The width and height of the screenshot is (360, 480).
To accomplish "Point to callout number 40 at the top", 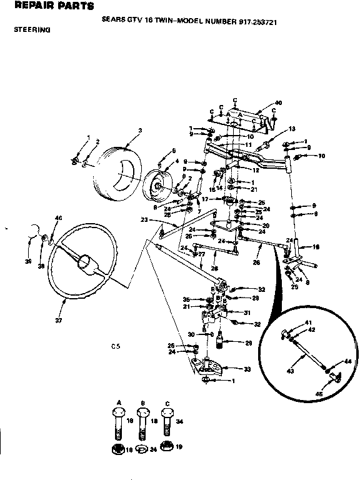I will pyautogui.click(x=278, y=102).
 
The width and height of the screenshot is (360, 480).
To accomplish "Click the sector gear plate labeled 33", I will pyautogui.click(x=213, y=366).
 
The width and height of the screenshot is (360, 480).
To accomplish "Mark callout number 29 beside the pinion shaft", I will pyautogui.click(x=248, y=343).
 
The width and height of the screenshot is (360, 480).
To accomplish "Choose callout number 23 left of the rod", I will pyautogui.click(x=143, y=219).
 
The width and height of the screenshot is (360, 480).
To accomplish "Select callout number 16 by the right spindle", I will pyautogui.click(x=316, y=247).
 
